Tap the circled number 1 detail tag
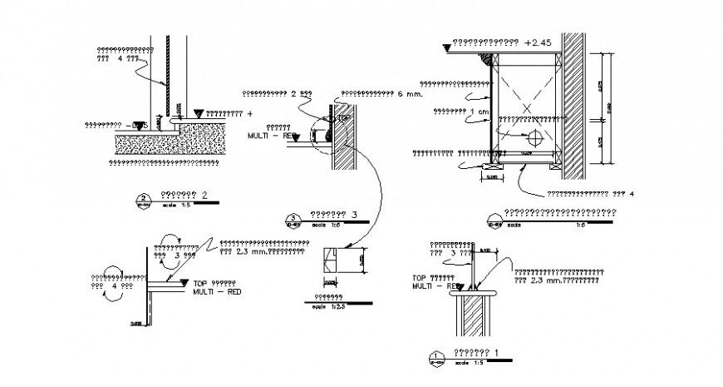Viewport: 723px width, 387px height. (x=437, y=358)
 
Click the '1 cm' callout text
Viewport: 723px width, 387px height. (x=478, y=111)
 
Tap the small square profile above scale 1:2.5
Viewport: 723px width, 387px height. (x=332, y=260)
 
